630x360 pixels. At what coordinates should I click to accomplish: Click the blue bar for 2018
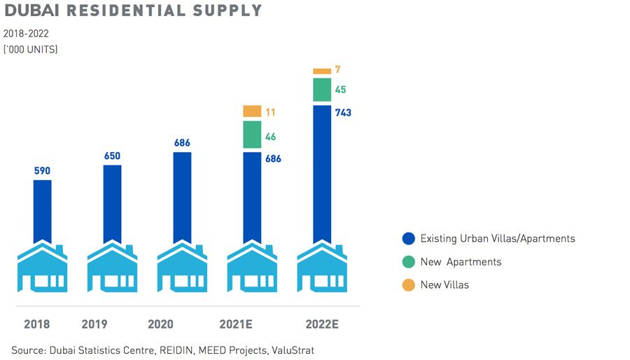click(42, 210)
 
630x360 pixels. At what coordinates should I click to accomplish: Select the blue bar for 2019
click(112, 203)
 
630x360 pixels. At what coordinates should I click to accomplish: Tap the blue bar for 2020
click(182, 197)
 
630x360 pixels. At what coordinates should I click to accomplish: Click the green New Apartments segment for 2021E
click(252, 134)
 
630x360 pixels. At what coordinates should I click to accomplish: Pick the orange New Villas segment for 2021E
click(252, 111)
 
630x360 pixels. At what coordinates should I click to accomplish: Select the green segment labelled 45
click(322, 90)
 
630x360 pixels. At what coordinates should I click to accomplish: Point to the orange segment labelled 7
click(322, 71)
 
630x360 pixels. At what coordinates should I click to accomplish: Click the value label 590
click(43, 170)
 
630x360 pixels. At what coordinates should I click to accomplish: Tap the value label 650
click(112, 155)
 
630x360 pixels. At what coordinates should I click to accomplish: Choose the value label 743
click(344, 112)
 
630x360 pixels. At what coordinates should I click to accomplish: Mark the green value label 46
click(271, 137)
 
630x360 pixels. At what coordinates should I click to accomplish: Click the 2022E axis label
click(322, 324)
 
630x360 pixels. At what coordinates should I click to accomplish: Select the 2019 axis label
click(94, 324)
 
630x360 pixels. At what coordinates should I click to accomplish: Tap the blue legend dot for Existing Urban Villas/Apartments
click(408, 239)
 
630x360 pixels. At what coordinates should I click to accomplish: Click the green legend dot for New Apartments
click(408, 262)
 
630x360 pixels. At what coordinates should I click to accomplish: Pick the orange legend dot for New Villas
click(408, 285)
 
